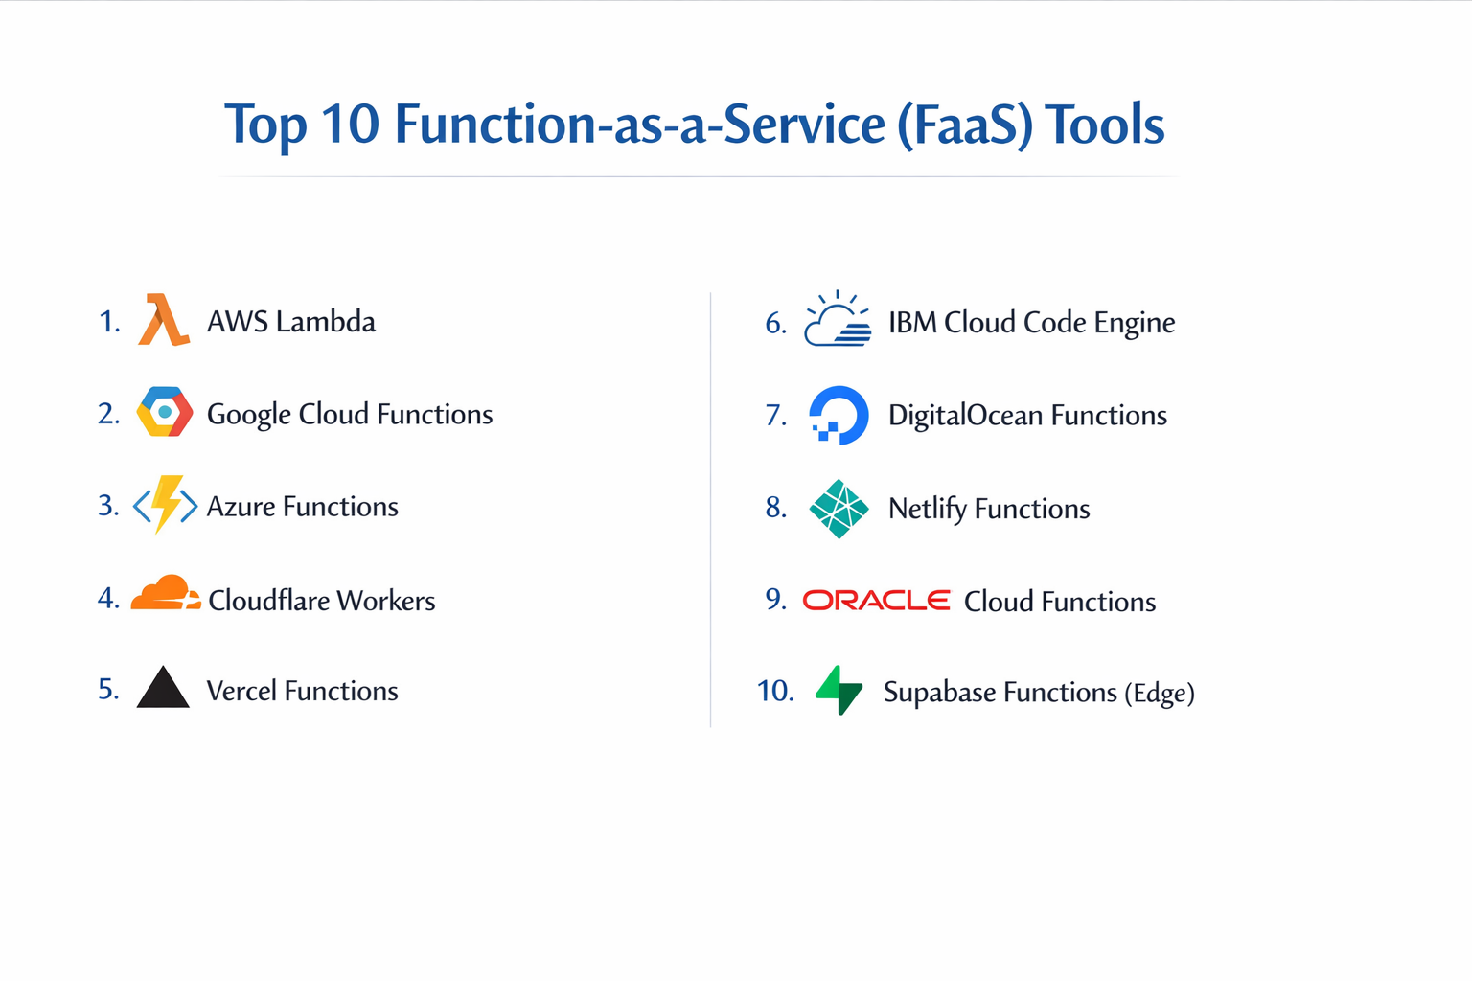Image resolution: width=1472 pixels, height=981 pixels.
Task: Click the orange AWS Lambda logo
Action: [x=163, y=321]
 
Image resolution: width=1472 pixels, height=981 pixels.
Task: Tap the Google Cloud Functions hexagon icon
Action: [x=165, y=412]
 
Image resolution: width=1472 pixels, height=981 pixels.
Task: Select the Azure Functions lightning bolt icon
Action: [x=165, y=504]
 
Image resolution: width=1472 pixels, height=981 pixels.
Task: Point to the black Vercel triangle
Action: [x=163, y=688]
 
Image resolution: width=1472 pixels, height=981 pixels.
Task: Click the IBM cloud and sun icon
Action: [x=838, y=320]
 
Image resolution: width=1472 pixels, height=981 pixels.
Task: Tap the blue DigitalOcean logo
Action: [x=839, y=415]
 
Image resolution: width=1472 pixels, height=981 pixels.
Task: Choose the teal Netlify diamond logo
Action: [x=839, y=509]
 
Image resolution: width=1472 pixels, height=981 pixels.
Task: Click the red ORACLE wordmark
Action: [x=876, y=601]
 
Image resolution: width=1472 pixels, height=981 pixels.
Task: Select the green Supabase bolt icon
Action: [x=839, y=691]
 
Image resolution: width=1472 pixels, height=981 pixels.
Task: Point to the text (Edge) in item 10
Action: [x=1160, y=693]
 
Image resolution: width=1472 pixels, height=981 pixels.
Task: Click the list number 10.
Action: [x=774, y=691]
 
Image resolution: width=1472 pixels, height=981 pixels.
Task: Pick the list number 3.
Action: [x=107, y=505]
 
